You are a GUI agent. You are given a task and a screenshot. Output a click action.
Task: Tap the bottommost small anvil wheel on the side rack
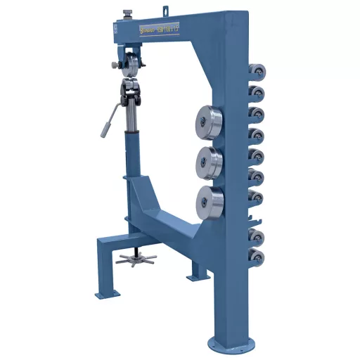click(x=257, y=257)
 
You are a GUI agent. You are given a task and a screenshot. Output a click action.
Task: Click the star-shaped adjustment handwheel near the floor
click(x=135, y=258)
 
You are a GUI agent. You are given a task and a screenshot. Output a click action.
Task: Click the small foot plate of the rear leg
click(x=192, y=277)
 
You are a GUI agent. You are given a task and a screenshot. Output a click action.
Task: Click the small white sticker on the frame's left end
click(x=112, y=30)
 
